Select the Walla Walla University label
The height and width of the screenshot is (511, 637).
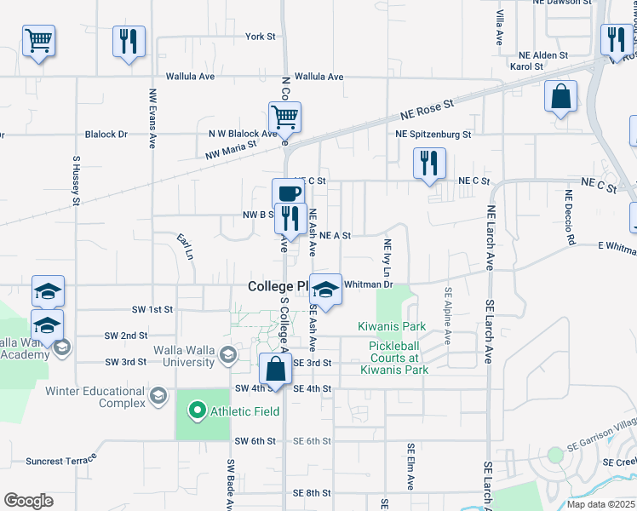[x=183, y=356]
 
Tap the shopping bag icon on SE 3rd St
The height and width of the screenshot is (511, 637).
[x=275, y=369]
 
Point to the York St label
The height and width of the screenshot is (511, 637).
[x=260, y=37]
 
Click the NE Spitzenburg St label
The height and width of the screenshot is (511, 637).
[x=433, y=135]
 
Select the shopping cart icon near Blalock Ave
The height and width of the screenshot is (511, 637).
[x=284, y=116]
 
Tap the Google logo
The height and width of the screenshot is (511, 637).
[x=28, y=501]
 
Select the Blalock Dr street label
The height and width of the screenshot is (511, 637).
[x=106, y=135]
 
